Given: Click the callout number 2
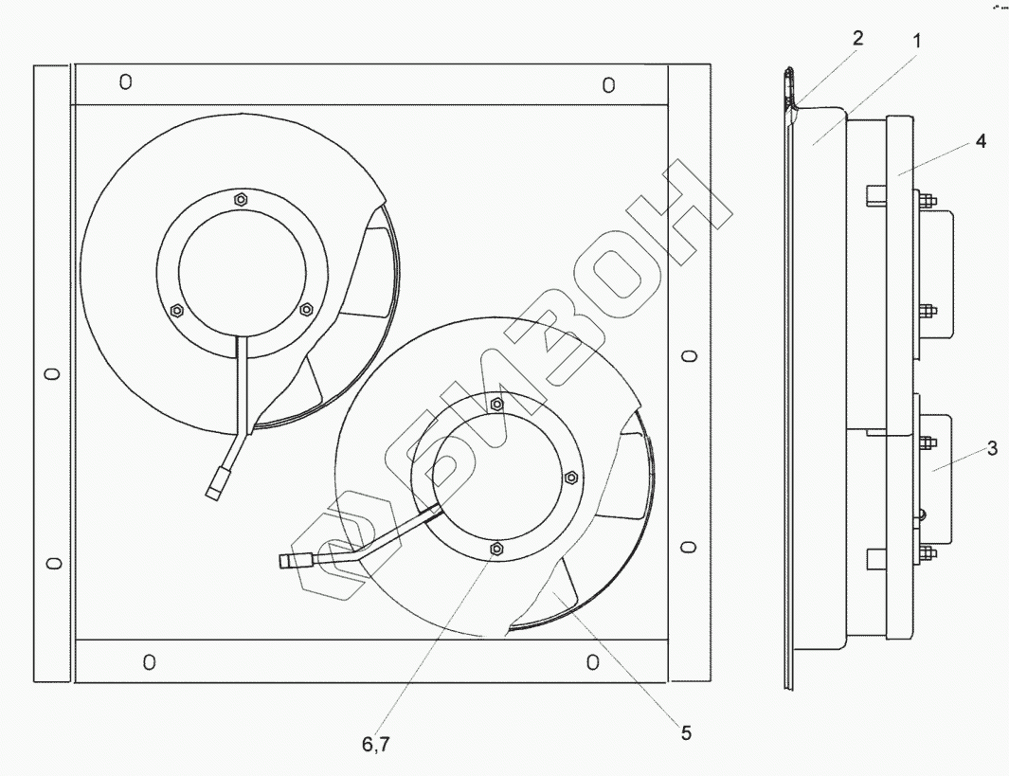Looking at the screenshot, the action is click(857, 38).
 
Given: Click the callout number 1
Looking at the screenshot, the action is click(917, 41).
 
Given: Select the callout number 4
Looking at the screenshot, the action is click(980, 140).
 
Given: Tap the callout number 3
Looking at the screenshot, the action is click(992, 448).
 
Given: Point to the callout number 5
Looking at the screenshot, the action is click(686, 733).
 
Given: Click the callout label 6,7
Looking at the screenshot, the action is click(376, 745).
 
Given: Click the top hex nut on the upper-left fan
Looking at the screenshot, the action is click(240, 199).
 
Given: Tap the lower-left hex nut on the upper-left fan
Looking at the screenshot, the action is click(177, 311).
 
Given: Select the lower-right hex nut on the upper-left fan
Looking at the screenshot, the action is click(306, 309).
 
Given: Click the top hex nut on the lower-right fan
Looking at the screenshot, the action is click(496, 404).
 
